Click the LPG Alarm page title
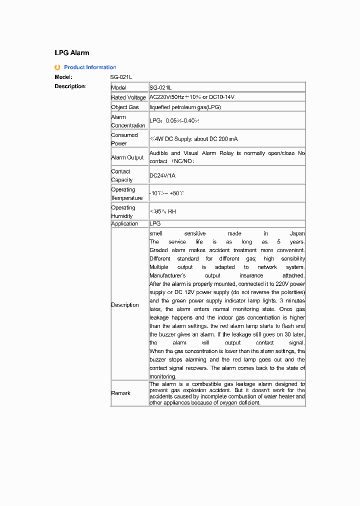(x=72, y=52)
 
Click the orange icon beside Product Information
(x=57, y=67)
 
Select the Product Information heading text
(x=90, y=67)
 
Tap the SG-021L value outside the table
(x=121, y=77)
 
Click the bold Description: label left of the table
(x=70, y=86)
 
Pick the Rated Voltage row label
(x=128, y=97)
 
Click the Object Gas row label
(x=125, y=107)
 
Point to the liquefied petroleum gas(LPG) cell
(x=185, y=107)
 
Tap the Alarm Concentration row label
(x=128, y=121)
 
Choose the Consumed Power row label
(x=124, y=139)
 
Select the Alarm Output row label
(x=127, y=157)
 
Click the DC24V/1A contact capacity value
(x=162, y=176)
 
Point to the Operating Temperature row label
(x=127, y=193)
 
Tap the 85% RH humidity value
(x=163, y=211)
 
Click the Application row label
(x=124, y=223)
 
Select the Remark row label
(x=120, y=393)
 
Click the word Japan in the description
(x=297, y=233)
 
